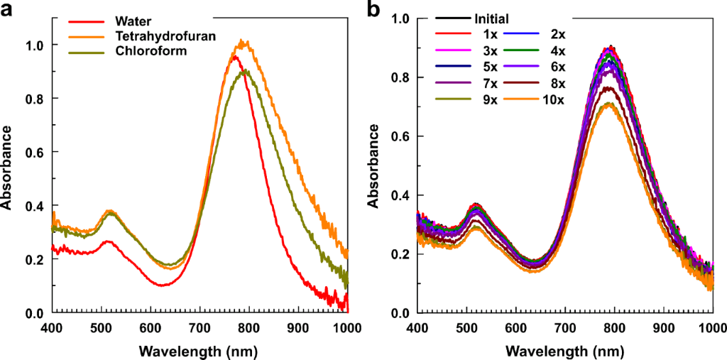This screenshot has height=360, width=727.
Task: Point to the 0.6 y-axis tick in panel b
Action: [x=403, y=136]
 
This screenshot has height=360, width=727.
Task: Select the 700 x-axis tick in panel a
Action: [x=199, y=328]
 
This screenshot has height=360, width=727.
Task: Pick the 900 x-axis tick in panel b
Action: [x=664, y=328]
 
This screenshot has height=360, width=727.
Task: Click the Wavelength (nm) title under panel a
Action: [x=199, y=350]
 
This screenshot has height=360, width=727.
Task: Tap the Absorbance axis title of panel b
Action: [x=373, y=165]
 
